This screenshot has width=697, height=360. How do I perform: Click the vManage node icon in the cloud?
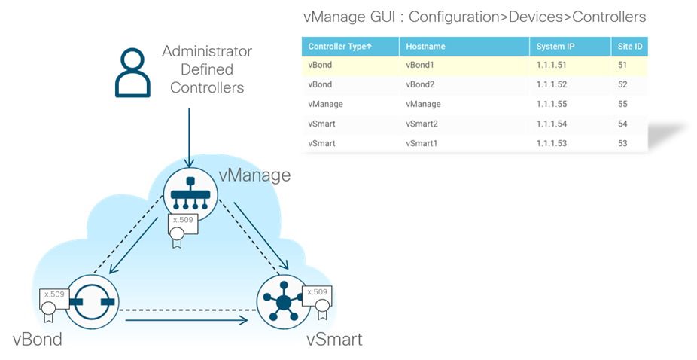point(190,194)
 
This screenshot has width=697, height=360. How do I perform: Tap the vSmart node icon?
point(283,301)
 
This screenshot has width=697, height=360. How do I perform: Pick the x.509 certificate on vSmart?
point(316,298)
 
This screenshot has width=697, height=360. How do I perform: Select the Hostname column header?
point(425,47)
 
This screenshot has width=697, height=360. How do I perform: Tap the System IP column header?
point(555,47)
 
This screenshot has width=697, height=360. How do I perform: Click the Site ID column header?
point(629,47)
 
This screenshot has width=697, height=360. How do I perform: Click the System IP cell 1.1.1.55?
point(552,104)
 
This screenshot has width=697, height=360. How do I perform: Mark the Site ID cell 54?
point(622,124)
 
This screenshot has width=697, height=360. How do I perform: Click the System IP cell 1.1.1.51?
point(552,66)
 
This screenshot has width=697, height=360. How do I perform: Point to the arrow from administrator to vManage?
point(190,136)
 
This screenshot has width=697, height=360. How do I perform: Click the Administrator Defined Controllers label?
point(208,69)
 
